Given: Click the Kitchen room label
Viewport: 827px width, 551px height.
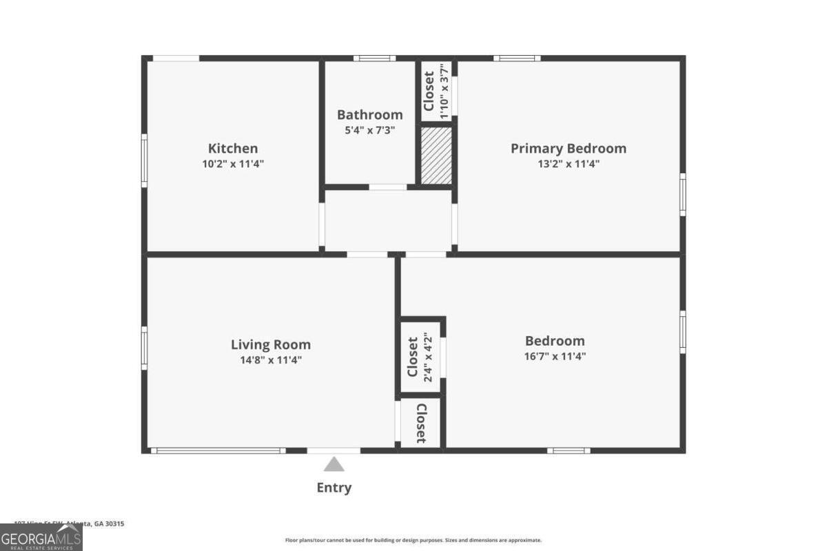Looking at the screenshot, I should pos(233,148).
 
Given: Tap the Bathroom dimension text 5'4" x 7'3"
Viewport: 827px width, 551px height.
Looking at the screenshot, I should pos(369,130).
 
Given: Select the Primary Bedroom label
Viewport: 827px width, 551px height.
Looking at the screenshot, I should pos(568,148).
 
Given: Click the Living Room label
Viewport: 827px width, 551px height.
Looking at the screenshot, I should pos(270,344).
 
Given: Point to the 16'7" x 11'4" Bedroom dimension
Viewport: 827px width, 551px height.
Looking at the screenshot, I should pos(555,357).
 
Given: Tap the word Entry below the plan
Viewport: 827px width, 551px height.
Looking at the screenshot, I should pos(334,488).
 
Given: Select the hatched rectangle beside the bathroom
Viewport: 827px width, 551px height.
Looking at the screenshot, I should pos(436,156).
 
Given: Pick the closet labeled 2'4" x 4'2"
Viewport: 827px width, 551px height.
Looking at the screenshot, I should pos(420,357).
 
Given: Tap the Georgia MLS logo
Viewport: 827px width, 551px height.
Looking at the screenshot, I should pos(41,537).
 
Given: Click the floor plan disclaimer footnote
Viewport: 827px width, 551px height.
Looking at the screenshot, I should pos(413,541).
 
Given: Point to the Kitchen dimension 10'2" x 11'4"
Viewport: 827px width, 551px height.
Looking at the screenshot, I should pos(233,164).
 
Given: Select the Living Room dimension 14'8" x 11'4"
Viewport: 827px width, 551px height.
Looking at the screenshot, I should pos(270,360).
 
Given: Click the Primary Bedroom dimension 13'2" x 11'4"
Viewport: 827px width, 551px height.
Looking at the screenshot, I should pos(568,164).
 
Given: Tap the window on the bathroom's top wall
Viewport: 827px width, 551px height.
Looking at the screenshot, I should pos(374,59).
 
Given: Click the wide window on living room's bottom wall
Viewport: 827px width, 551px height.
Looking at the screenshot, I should pos(218,450).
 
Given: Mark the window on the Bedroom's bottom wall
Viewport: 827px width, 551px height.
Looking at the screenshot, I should pos(569,450).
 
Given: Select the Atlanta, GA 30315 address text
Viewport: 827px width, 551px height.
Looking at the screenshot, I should pos(69,523).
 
